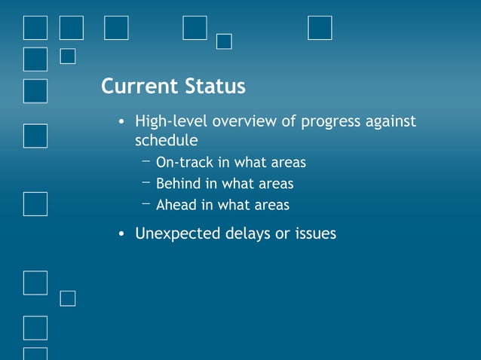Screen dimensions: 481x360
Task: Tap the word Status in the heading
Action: (216, 86)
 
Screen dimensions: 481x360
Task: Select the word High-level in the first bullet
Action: (171, 121)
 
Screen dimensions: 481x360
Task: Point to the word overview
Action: (244, 121)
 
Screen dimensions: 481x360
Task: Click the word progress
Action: (330, 122)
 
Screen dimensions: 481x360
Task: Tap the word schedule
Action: (167, 140)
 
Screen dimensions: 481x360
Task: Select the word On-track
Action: (185, 162)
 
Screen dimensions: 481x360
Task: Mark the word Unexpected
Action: (178, 234)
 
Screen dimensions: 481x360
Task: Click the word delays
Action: (248, 233)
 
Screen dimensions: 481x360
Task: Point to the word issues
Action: (316, 233)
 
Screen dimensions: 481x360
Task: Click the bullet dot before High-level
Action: (121, 122)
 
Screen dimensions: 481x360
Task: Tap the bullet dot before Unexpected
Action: (121, 233)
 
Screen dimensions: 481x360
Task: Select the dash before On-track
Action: (146, 161)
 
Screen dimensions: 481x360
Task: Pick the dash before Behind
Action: (146, 182)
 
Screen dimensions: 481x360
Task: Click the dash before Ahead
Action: (146, 203)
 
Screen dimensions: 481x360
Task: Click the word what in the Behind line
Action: (237, 184)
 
